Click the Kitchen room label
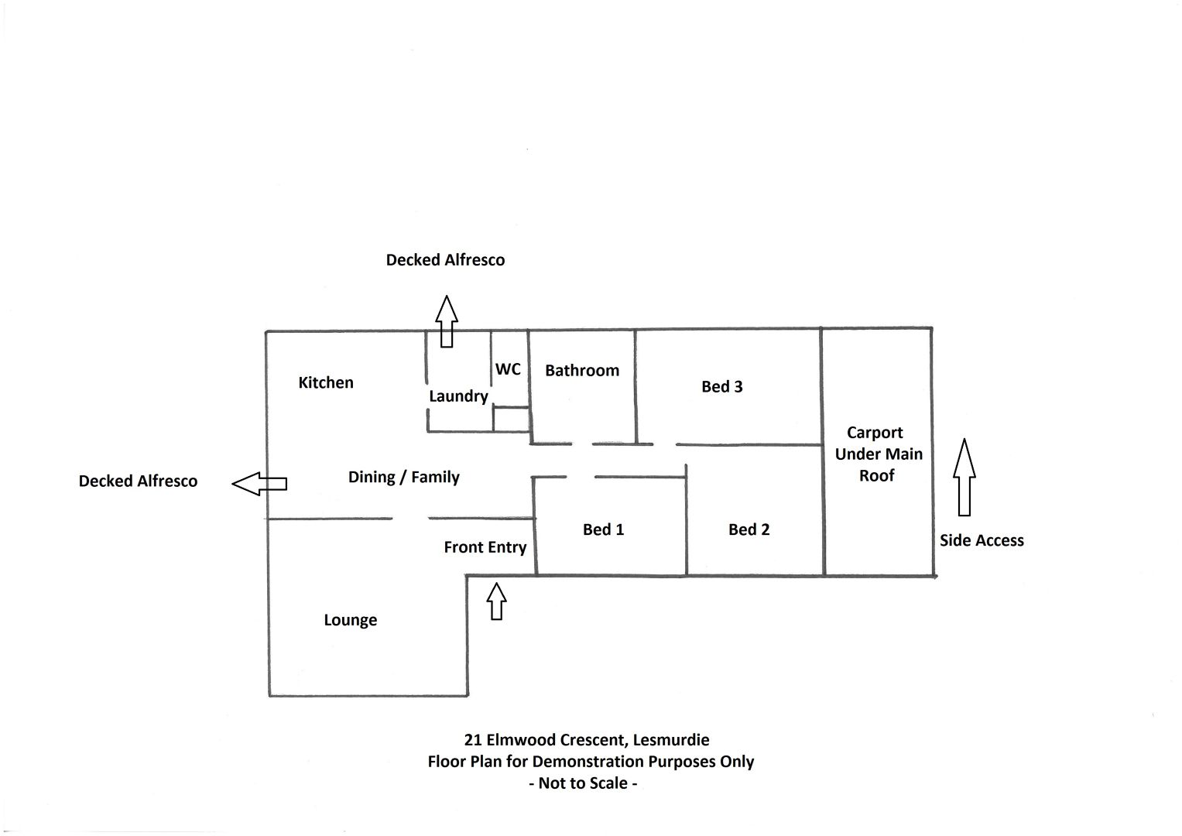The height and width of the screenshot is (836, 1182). coord(326,382)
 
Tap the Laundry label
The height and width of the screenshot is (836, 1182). coord(458,396)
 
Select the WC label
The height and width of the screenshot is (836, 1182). coord(508,369)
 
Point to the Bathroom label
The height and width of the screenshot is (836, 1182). coord(582,371)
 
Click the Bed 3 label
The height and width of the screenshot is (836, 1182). coord(722,386)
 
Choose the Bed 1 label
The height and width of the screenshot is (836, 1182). coord(603,529)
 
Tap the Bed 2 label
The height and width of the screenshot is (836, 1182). coord(749,529)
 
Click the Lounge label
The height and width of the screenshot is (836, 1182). coord(351,620)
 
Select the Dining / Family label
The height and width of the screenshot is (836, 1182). coord(403,477)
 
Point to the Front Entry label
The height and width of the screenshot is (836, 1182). coord(485,547)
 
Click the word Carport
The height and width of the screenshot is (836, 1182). coord(875,433)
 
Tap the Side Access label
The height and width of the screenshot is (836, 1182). coord(982,540)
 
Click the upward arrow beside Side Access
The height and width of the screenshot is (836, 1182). coord(964,477)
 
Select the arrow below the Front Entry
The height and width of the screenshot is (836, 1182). coord(496,601)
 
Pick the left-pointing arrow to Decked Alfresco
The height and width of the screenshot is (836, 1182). coord(259,484)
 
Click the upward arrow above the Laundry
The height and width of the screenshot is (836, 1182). coord(447,321)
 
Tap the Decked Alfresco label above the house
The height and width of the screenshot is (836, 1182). coord(445,259)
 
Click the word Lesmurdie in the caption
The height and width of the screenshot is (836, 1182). coord(671,740)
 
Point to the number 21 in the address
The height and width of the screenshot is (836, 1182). coord(473,740)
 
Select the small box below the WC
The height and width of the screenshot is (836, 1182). coord(512,419)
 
